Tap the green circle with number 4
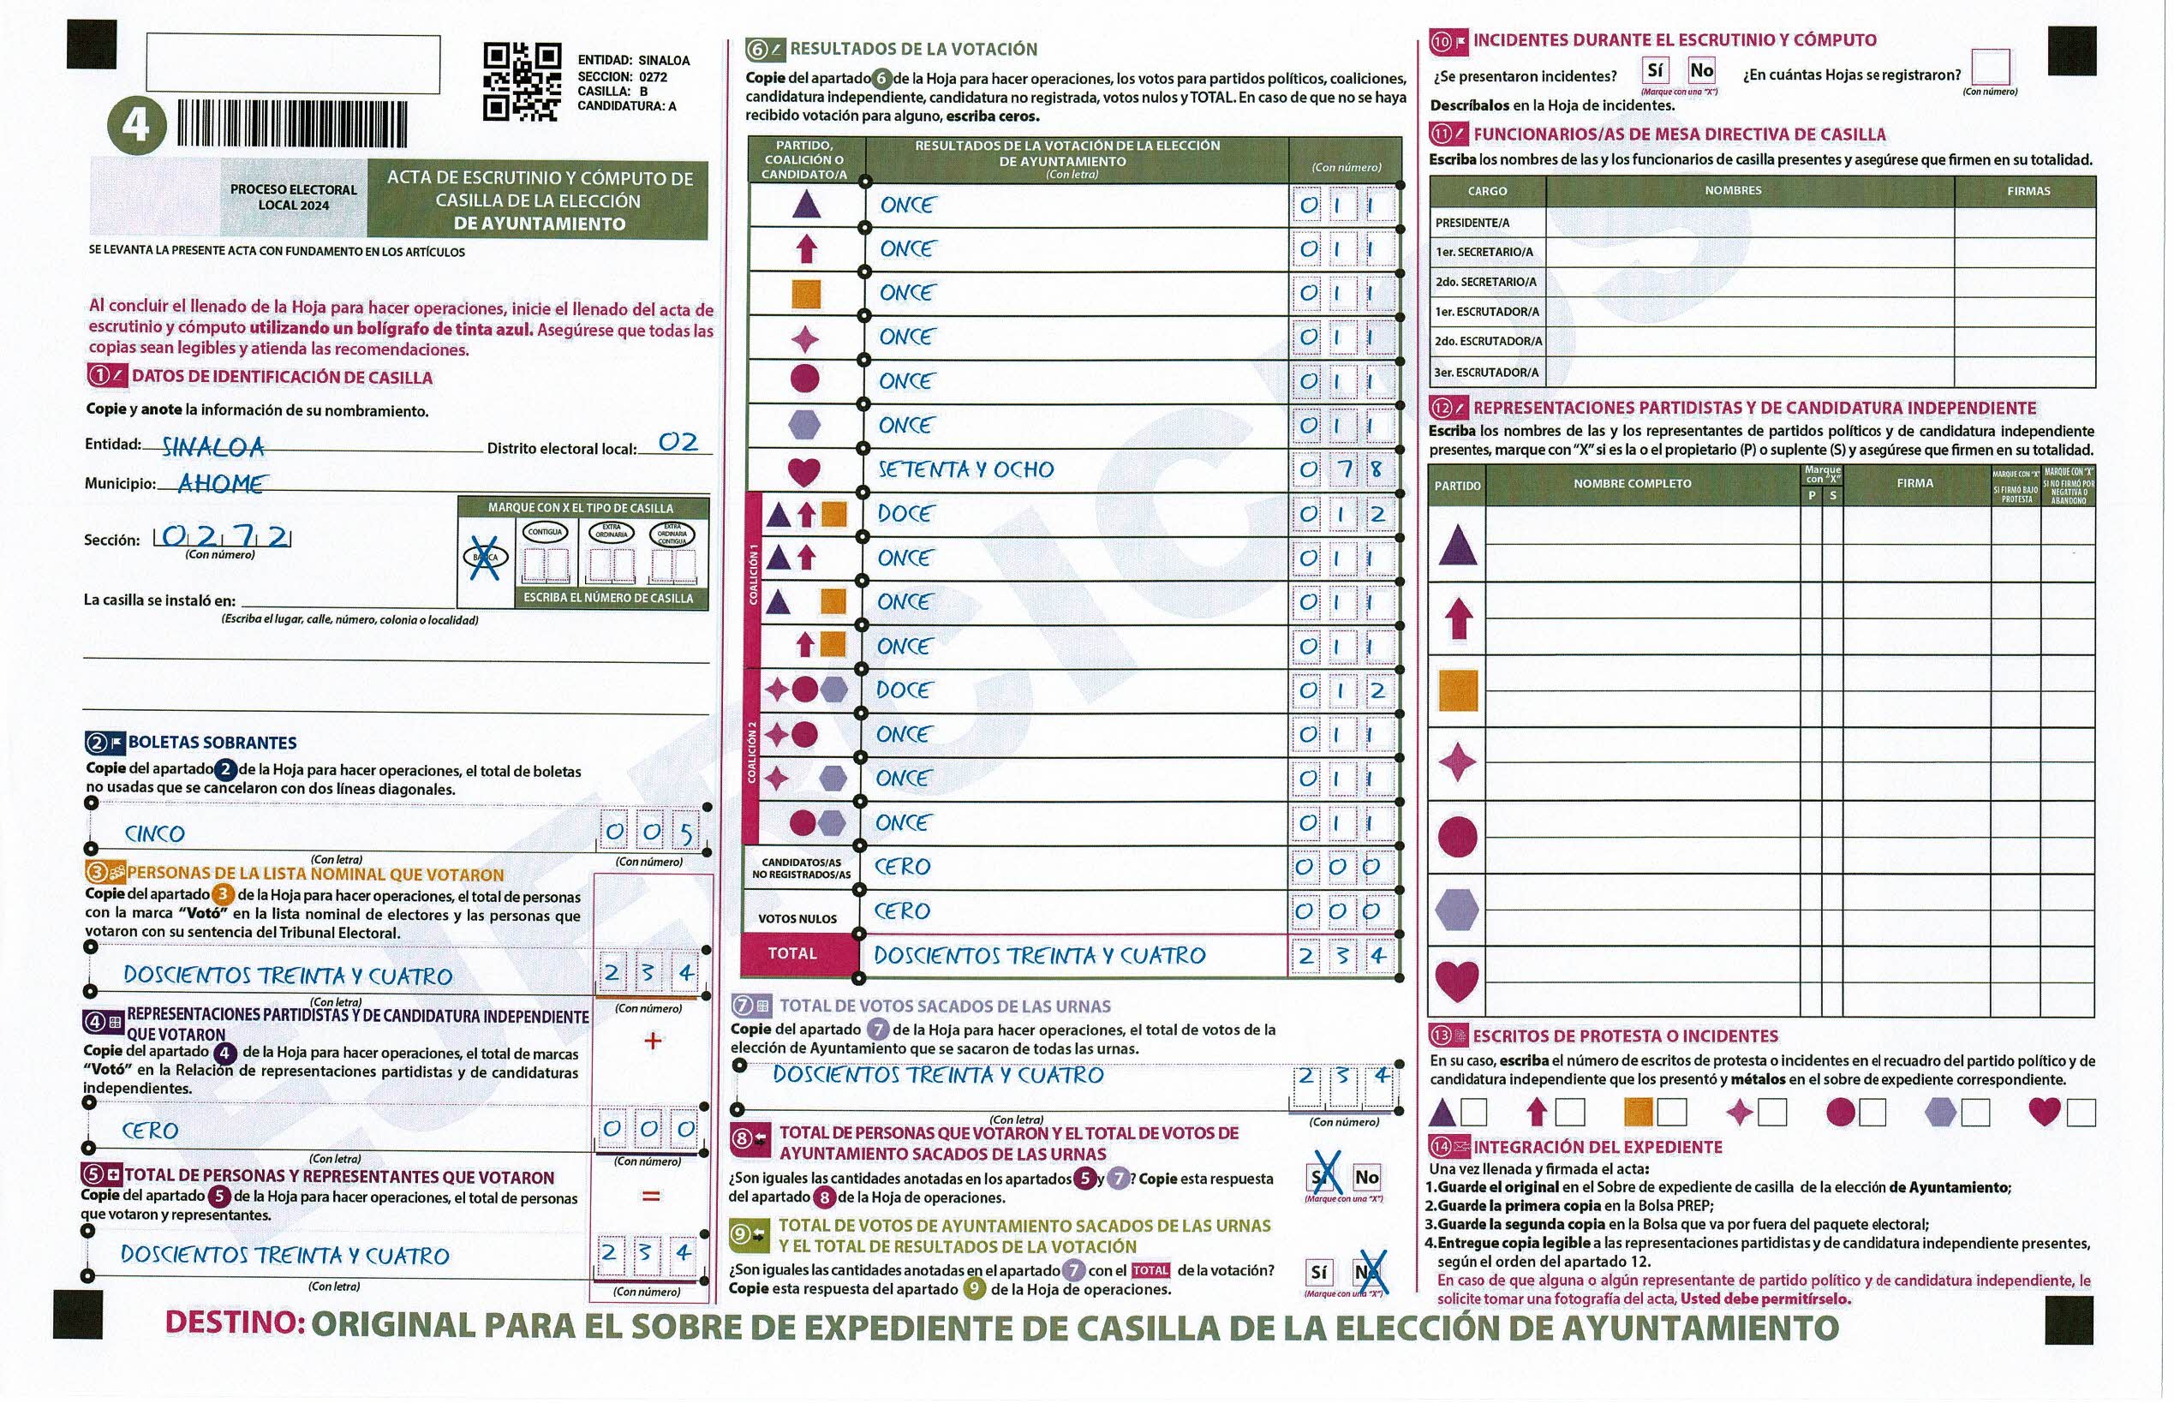(137, 125)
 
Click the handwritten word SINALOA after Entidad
(213, 446)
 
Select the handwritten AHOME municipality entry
(221, 483)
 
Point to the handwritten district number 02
(678, 442)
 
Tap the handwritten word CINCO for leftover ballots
(155, 833)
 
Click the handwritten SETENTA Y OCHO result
(966, 469)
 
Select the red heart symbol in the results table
(803, 471)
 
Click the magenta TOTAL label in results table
(791, 954)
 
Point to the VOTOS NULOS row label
(797, 918)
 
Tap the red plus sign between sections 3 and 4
(653, 1041)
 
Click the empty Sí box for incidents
(1656, 70)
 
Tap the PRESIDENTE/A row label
(1472, 223)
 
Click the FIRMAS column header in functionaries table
(2028, 191)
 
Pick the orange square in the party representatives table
(1457, 690)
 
